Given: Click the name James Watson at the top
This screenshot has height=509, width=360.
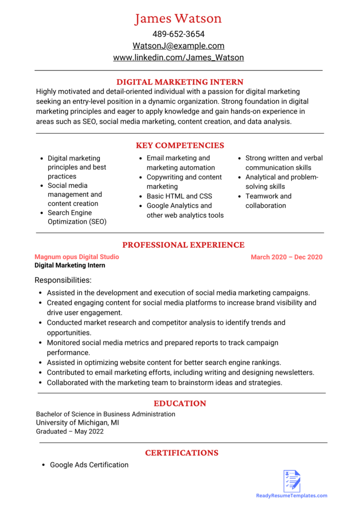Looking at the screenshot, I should coord(178,19).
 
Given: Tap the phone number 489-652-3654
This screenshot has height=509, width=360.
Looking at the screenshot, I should coord(178,34).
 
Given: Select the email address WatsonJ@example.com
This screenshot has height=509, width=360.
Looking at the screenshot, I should coord(178,46).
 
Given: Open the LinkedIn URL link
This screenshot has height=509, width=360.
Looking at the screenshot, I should coord(178,58).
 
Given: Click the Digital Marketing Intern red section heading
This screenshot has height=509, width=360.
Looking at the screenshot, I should coord(180,82).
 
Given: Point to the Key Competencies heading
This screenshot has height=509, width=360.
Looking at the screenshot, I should coord(180,146).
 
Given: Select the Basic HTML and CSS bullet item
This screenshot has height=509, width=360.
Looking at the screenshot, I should coord(179,196).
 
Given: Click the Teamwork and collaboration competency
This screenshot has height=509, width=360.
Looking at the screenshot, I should coord(268,201).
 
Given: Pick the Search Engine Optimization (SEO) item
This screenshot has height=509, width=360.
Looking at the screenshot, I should coord(77,217).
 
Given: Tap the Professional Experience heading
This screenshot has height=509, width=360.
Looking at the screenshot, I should coord(183,245).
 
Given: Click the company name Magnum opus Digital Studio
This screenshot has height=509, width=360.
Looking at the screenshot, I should coord(77,257).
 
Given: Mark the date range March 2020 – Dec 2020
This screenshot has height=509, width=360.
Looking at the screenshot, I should coord(286,257).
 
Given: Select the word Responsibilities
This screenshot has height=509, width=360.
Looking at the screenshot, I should coord(63,280).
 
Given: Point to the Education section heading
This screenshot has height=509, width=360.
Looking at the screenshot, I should coord(180,404).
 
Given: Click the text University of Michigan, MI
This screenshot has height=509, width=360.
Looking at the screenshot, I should coord(77,423).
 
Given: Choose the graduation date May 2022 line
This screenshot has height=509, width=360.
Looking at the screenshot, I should coord(70,431).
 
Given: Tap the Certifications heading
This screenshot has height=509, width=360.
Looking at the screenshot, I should coord(181,453).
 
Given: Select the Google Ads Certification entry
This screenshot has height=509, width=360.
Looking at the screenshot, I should coord(89,465).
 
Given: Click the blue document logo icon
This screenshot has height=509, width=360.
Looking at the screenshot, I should coord(292,481).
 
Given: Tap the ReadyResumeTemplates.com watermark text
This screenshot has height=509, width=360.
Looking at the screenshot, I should coord(291,496).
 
